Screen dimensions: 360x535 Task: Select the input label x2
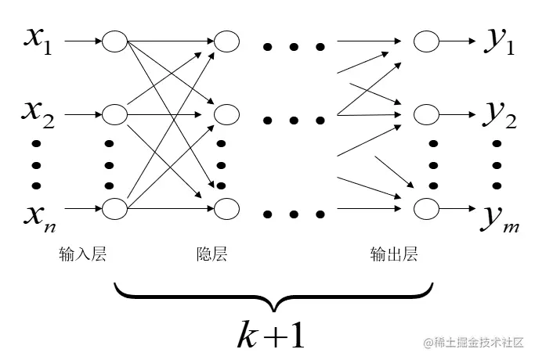38,117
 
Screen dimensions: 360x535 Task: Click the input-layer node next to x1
114,41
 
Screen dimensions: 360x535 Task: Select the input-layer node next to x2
114,115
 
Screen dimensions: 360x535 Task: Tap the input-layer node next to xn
114,209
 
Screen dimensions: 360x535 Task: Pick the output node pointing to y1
427,41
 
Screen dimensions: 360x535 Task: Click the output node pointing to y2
427,115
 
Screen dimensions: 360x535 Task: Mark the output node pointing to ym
427,209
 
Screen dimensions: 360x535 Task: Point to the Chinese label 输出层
394,254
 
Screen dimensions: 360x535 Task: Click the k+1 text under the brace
271,334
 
